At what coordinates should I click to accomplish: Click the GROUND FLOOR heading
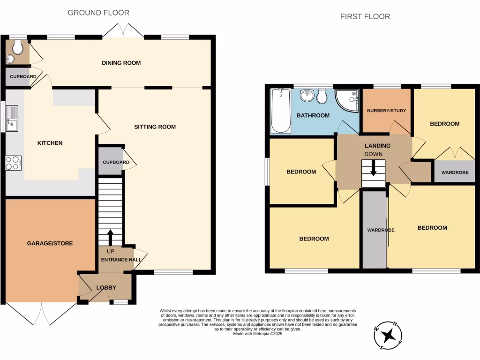pyautogui.click(x=98, y=13)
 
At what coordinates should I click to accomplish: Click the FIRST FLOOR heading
pyautogui.click(x=365, y=16)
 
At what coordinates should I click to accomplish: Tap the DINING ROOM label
pyautogui.click(x=121, y=63)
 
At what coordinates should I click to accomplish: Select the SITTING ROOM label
pyautogui.click(x=155, y=127)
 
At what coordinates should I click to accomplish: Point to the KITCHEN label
pyautogui.click(x=50, y=143)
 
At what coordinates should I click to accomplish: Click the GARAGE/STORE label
pyautogui.click(x=50, y=243)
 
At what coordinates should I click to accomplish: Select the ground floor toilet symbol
pyautogui.click(x=17, y=47)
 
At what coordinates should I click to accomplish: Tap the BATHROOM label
pyautogui.click(x=313, y=115)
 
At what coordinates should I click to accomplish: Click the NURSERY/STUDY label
pyautogui.click(x=386, y=111)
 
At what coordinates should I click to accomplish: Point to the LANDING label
pyautogui.click(x=377, y=146)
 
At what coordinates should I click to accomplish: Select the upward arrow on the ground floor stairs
pyautogui.click(x=110, y=237)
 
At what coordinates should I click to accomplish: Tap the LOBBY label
pyautogui.click(x=106, y=287)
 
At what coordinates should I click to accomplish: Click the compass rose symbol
pyautogui.click(x=388, y=335)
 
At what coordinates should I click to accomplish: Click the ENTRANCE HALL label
pyautogui.click(x=116, y=259)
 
